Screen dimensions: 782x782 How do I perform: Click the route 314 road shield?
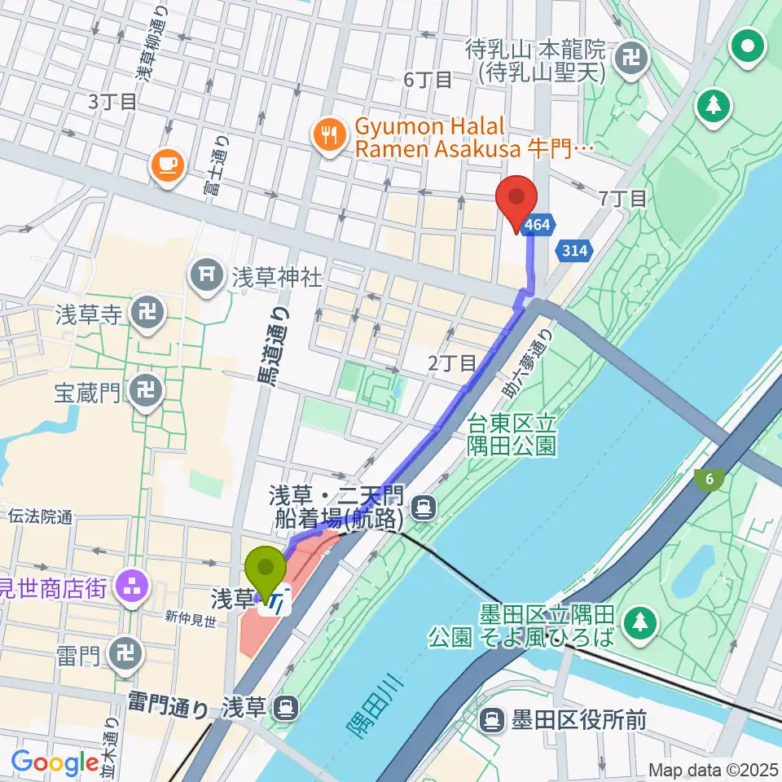[574, 250]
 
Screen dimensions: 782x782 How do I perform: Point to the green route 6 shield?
[710, 480]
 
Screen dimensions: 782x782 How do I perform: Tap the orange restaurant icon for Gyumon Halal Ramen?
[329, 134]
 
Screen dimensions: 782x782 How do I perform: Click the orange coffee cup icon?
[169, 165]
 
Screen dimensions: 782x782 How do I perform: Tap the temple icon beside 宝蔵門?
[147, 393]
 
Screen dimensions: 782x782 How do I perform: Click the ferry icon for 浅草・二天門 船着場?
[423, 509]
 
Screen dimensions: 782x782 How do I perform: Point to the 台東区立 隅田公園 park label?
[512, 434]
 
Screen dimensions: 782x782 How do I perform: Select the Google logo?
[55, 762]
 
